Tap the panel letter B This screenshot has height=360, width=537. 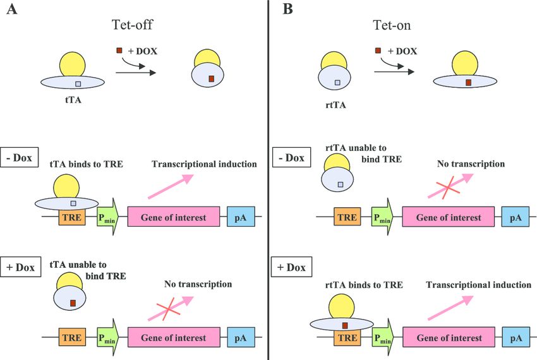288,9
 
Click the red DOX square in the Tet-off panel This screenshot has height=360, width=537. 119,50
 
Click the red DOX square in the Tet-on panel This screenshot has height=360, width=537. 378,50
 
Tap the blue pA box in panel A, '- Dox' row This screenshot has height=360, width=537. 240,218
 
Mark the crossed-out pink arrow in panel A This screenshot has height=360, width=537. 166,310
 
